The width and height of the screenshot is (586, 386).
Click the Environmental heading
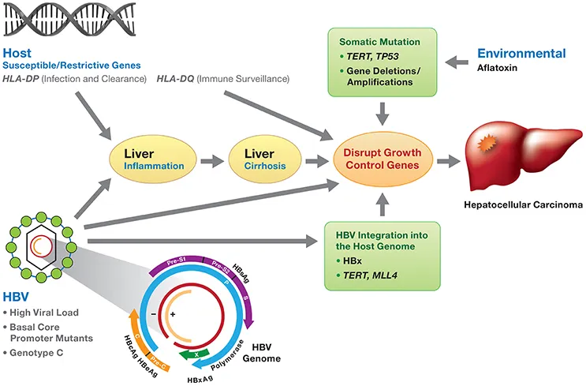click(521, 54)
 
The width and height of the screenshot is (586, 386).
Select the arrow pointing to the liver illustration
click(448, 160)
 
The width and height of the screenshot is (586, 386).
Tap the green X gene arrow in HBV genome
click(192, 356)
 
